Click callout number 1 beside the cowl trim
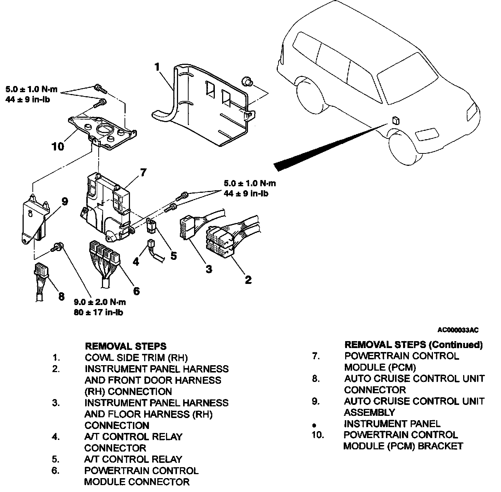(x=157, y=67)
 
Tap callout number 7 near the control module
(x=143, y=172)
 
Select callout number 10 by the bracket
(x=58, y=146)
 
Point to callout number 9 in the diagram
(x=64, y=201)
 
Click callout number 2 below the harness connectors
(x=248, y=280)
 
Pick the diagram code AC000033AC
(x=458, y=330)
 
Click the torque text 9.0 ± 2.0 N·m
(x=100, y=302)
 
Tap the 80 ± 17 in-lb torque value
(x=98, y=312)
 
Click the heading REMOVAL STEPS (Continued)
(x=413, y=344)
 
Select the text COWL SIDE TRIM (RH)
(x=136, y=358)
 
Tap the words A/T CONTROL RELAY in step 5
(x=133, y=459)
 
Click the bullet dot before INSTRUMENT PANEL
(x=315, y=425)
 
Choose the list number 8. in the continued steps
(x=315, y=379)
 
